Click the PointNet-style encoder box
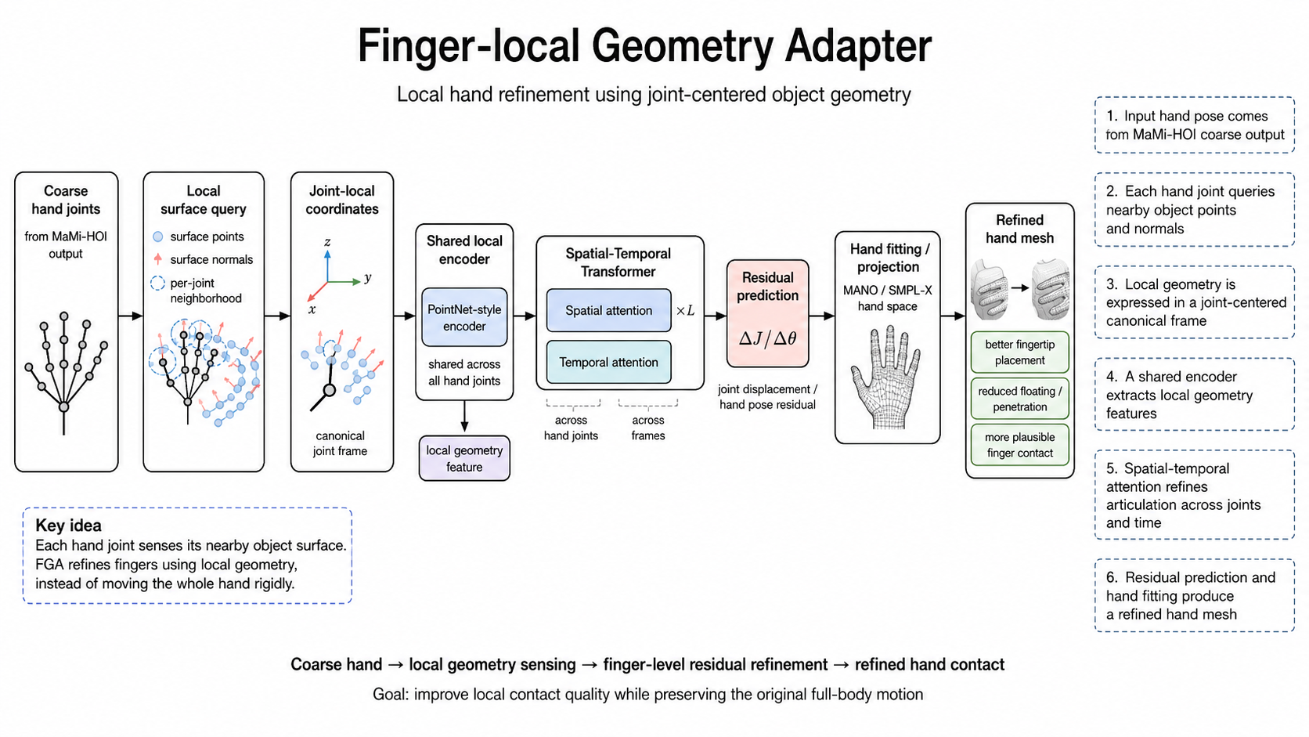[464, 317]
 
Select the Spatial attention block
[608, 310]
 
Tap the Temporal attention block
[608, 362]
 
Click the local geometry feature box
[464, 458]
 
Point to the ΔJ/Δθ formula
[767, 338]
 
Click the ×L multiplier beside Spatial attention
[686, 311]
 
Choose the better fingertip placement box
[1020, 352]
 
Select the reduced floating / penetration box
[1020, 399]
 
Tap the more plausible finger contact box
[1020, 445]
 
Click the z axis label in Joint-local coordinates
[327, 241]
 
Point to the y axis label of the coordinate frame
[368, 277]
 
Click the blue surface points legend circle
[158, 237]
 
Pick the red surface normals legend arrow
[158, 259]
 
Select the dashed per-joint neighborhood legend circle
[158, 284]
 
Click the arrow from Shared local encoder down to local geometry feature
[464, 416]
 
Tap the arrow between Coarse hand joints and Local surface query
[130, 316]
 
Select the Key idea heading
[68, 526]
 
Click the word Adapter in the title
[858, 46]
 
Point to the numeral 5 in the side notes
[1111, 468]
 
